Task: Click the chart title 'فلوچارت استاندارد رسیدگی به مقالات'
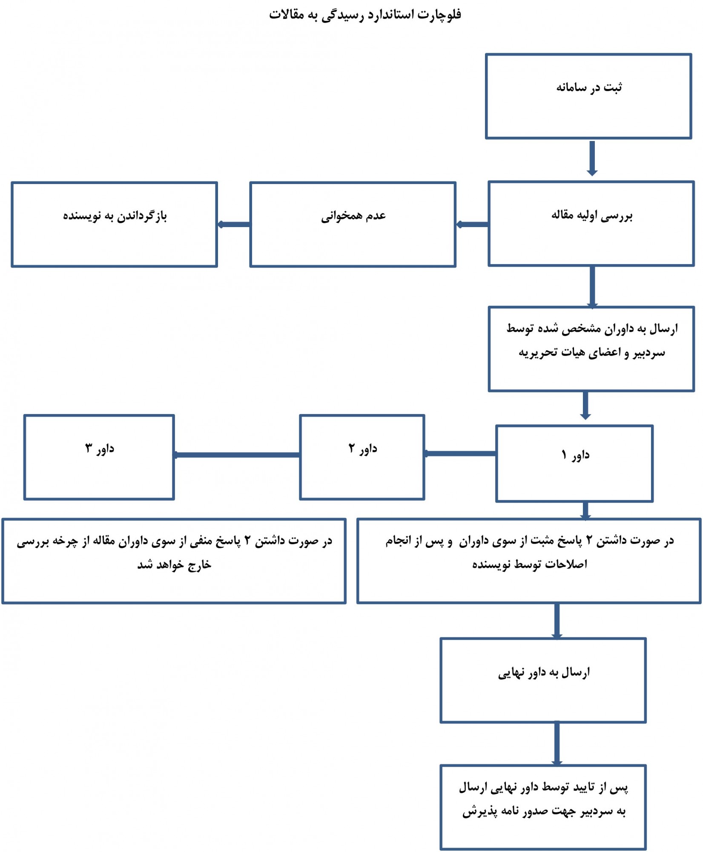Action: coord(365,15)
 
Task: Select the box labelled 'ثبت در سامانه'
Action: coord(588,96)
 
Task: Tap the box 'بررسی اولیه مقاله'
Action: coord(591,224)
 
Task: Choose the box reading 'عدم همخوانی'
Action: coord(353,225)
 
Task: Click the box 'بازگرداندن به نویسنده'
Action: coord(115,225)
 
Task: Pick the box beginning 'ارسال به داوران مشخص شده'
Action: coord(591,349)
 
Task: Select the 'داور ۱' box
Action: coord(574,463)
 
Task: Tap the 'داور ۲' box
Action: coord(362,457)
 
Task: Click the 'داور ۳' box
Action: coord(99,457)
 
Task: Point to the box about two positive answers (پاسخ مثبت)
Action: coord(529,561)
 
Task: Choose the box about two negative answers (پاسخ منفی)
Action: coord(174,561)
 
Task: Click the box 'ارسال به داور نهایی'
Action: coord(543,680)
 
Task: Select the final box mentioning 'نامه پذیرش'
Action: coord(543,808)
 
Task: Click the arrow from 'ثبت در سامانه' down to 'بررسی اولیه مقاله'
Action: coord(592,158)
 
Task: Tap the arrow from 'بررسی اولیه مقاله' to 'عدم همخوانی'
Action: coord(472,225)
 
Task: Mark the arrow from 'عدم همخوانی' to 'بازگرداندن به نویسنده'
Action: coord(234,225)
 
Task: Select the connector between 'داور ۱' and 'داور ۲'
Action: coord(460,454)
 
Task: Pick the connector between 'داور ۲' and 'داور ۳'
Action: coord(237,455)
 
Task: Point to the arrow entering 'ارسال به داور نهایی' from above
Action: coord(557,621)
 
